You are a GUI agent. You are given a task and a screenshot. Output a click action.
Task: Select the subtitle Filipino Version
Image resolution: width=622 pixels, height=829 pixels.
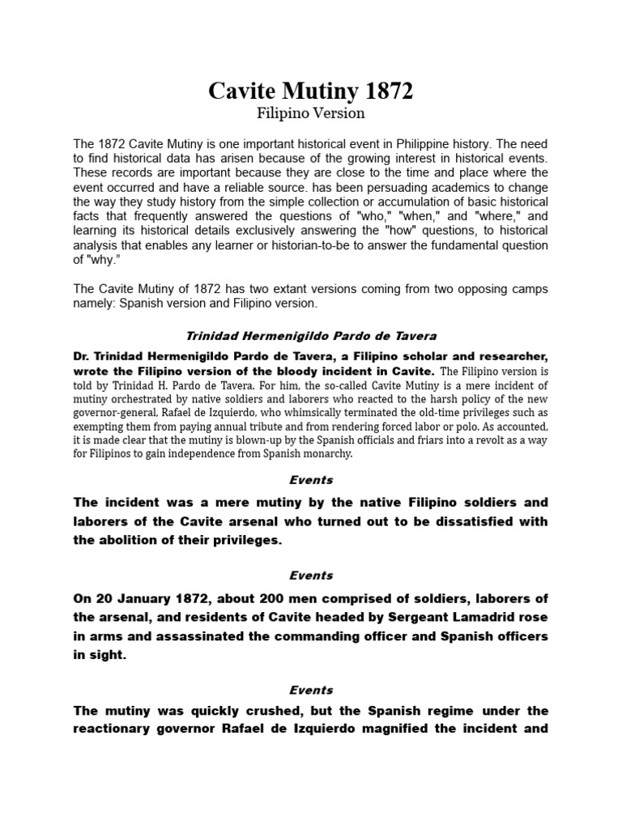311,113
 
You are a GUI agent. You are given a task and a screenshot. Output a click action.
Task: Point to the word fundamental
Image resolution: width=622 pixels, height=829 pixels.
454,245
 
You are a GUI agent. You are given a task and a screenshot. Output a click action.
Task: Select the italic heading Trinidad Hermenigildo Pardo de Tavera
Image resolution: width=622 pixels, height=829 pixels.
311,336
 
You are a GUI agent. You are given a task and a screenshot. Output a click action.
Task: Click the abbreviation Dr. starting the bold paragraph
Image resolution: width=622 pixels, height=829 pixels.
83,355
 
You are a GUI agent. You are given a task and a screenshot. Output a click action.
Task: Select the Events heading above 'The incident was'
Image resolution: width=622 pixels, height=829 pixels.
311,480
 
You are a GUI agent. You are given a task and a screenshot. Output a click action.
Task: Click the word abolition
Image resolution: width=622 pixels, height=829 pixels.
124,540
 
